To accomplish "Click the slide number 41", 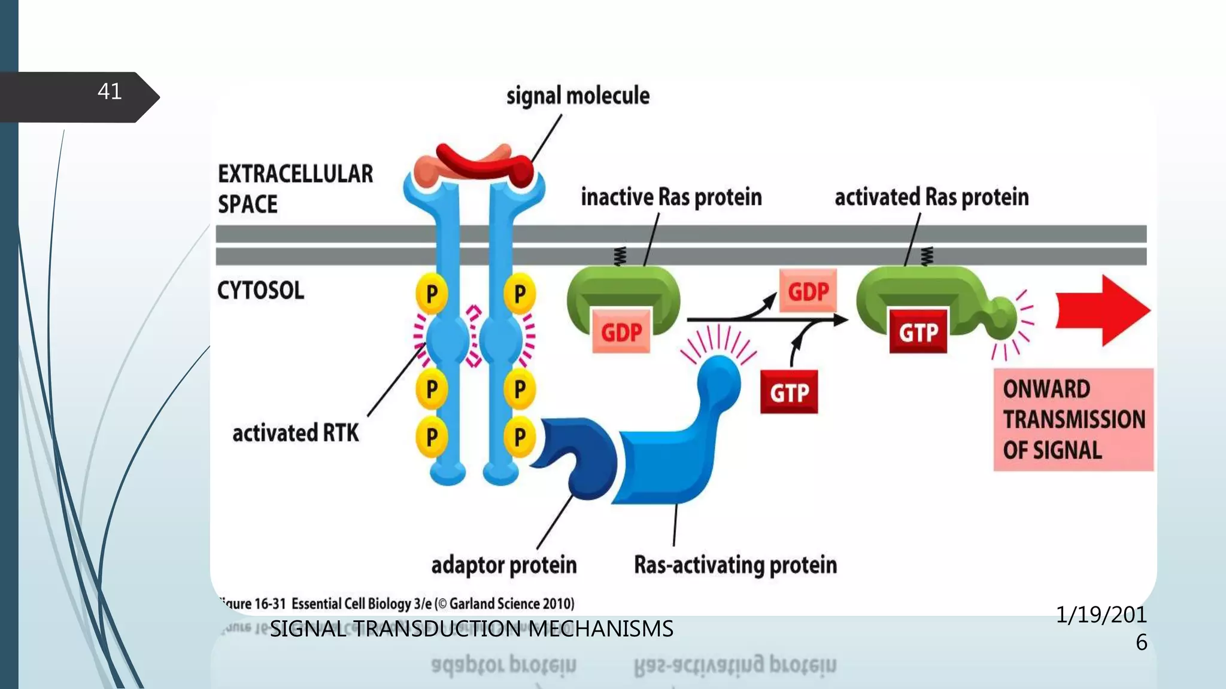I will pyautogui.click(x=110, y=92).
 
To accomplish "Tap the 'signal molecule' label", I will pyautogui.click(x=578, y=96).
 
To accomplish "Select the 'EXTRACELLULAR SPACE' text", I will pyautogui.click(x=295, y=188).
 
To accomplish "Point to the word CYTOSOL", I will pyautogui.click(x=260, y=291).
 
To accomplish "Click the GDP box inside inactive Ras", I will pyautogui.click(x=621, y=332).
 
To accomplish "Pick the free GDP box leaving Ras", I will pyautogui.click(x=808, y=292).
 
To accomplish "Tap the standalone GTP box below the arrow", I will pyautogui.click(x=789, y=393).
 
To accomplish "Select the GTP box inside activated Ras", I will pyautogui.click(x=918, y=332).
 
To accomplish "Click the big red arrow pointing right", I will pyautogui.click(x=1101, y=311).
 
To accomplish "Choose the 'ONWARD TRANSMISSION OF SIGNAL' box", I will pyautogui.click(x=1073, y=420).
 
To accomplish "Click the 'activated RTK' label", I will pyautogui.click(x=296, y=433).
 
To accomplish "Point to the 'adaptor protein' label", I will pyautogui.click(x=503, y=565).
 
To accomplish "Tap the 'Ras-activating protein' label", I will pyautogui.click(x=735, y=565).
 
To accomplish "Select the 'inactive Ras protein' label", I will pyautogui.click(x=671, y=197).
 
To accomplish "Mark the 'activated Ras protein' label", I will pyautogui.click(x=931, y=197).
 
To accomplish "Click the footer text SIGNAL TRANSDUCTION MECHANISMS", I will pyautogui.click(x=471, y=629).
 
